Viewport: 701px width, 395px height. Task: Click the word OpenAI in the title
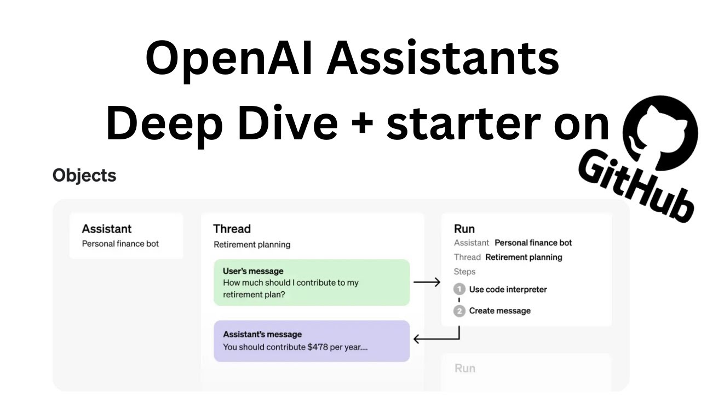pyautogui.click(x=229, y=59)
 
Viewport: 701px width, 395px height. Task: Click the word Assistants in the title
pyautogui.click(x=443, y=59)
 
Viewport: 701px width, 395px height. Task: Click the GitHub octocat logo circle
pyautogui.click(x=661, y=129)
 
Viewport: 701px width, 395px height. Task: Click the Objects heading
pyautogui.click(x=84, y=176)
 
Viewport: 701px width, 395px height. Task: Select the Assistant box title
pyautogui.click(x=107, y=229)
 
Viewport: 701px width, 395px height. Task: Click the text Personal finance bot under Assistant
pyautogui.click(x=120, y=244)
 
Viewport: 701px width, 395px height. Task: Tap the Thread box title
pyautogui.click(x=232, y=229)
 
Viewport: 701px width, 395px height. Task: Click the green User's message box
pyautogui.click(x=312, y=283)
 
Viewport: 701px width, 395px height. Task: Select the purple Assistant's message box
pyautogui.click(x=312, y=341)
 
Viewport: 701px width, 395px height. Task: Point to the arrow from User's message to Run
pyautogui.click(x=427, y=283)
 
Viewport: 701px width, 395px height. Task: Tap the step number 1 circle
pyautogui.click(x=459, y=290)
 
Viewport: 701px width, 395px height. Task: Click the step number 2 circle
pyautogui.click(x=459, y=311)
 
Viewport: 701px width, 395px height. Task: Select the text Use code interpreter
pyautogui.click(x=508, y=290)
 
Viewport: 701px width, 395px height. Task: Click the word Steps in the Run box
pyautogui.click(x=464, y=272)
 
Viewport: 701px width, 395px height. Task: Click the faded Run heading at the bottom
pyautogui.click(x=464, y=368)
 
